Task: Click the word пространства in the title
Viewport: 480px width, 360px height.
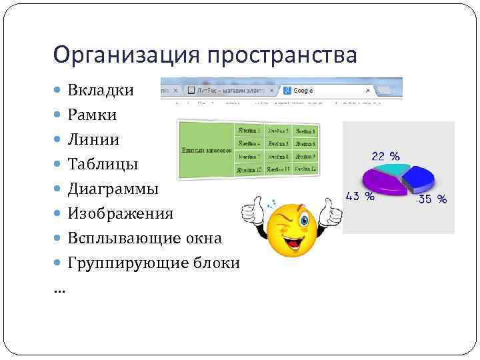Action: click(281, 55)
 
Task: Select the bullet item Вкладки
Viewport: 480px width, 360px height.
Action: click(101, 90)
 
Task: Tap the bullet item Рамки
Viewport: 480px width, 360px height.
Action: click(92, 115)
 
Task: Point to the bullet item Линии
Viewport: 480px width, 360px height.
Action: click(93, 139)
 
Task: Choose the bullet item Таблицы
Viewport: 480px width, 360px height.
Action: click(103, 164)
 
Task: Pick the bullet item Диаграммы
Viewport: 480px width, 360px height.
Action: click(113, 189)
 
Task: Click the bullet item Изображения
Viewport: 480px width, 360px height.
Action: click(120, 213)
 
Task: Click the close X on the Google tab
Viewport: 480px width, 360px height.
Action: click(368, 89)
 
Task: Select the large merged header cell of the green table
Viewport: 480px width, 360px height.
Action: click(207, 150)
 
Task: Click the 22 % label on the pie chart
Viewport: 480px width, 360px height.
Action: click(385, 156)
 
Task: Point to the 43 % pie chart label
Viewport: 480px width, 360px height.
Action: click(359, 196)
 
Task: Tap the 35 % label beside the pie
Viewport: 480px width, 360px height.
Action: click(432, 199)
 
